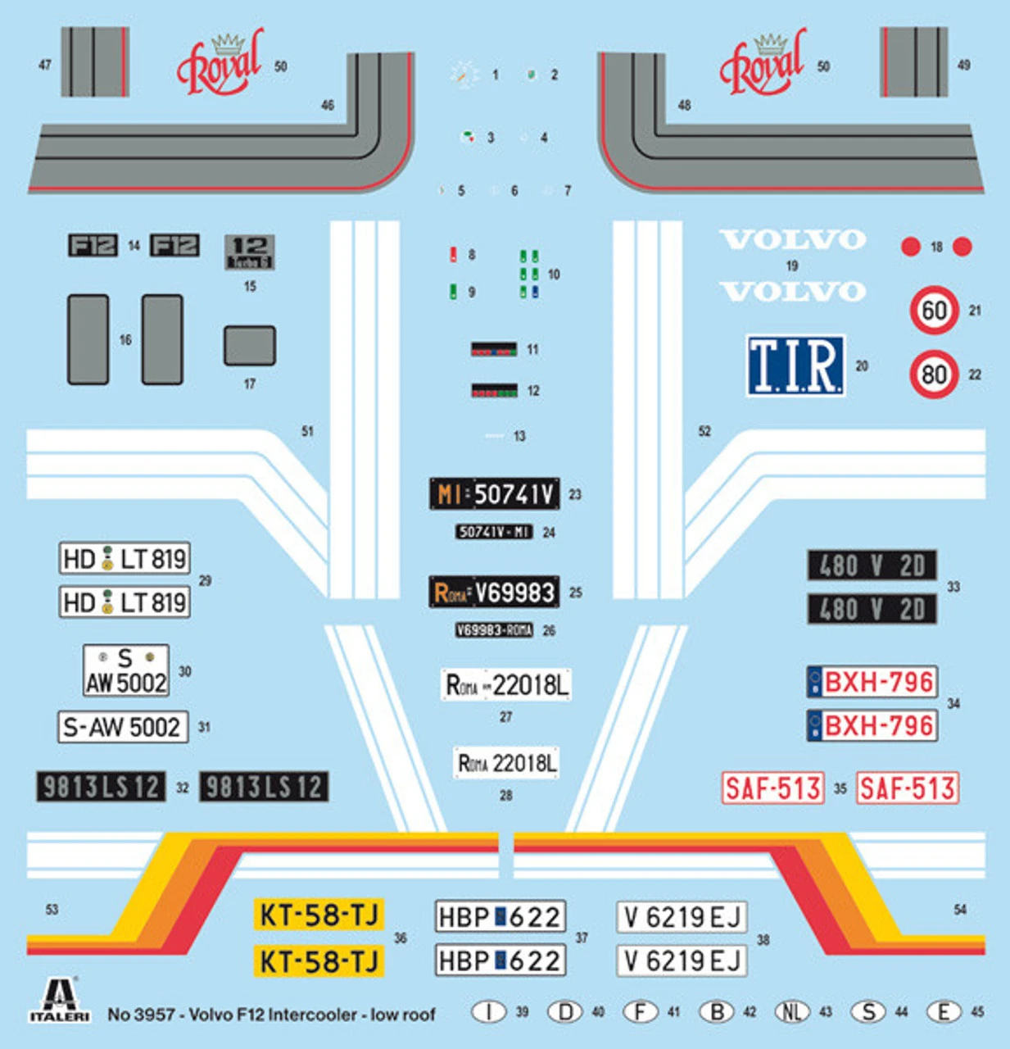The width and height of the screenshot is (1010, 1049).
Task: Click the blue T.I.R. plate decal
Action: pyautogui.click(x=795, y=366)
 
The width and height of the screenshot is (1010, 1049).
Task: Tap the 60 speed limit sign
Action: pyautogui.click(x=934, y=311)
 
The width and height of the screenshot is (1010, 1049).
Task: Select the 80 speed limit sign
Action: pyautogui.click(x=934, y=375)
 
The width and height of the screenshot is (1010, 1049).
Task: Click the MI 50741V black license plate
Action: pyautogui.click(x=495, y=494)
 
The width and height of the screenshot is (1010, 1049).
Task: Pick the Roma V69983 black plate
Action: pyautogui.click(x=494, y=592)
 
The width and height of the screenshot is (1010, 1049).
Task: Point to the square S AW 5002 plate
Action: pyautogui.click(x=126, y=670)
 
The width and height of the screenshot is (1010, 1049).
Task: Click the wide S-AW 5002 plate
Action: pyautogui.click(x=123, y=727)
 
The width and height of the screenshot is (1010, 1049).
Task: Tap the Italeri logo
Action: pyautogui.click(x=59, y=1001)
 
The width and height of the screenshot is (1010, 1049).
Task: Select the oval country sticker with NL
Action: pyautogui.click(x=791, y=1012)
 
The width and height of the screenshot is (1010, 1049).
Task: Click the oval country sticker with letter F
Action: pyautogui.click(x=641, y=1012)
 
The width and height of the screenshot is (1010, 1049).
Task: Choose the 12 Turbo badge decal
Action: pyautogui.click(x=249, y=252)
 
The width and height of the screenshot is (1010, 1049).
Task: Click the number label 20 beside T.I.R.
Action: pyautogui.click(x=862, y=366)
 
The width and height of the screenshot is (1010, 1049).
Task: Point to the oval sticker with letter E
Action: pyautogui.click(x=944, y=1012)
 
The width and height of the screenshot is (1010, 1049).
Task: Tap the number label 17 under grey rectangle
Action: pyautogui.click(x=250, y=384)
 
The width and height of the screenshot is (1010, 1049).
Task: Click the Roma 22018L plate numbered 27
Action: pyautogui.click(x=506, y=685)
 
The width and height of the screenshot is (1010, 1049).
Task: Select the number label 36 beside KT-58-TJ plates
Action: pyautogui.click(x=401, y=938)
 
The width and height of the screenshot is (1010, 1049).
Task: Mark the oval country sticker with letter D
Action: pyautogui.click(x=565, y=1012)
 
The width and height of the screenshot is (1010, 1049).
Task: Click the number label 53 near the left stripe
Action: pyautogui.click(x=52, y=910)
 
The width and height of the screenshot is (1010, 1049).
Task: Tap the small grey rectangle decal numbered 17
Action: pyautogui.click(x=250, y=346)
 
